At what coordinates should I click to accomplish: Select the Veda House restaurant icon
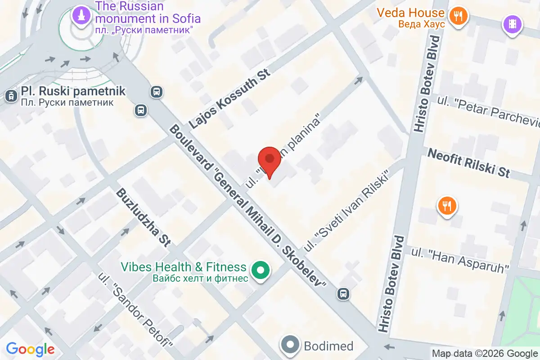(x=458, y=17)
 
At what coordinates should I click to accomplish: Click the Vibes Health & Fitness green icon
(x=260, y=271)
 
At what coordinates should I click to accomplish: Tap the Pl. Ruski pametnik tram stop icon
(x=10, y=95)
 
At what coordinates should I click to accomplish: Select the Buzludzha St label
(x=143, y=217)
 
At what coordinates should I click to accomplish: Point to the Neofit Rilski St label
(x=468, y=162)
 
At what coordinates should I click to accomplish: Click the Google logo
(x=30, y=349)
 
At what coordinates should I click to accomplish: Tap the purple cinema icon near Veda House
(x=512, y=23)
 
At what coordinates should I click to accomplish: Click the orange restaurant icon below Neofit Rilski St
(x=447, y=207)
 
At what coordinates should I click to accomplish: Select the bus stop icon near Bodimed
(x=343, y=294)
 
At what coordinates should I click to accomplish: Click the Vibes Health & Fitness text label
(x=184, y=272)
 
